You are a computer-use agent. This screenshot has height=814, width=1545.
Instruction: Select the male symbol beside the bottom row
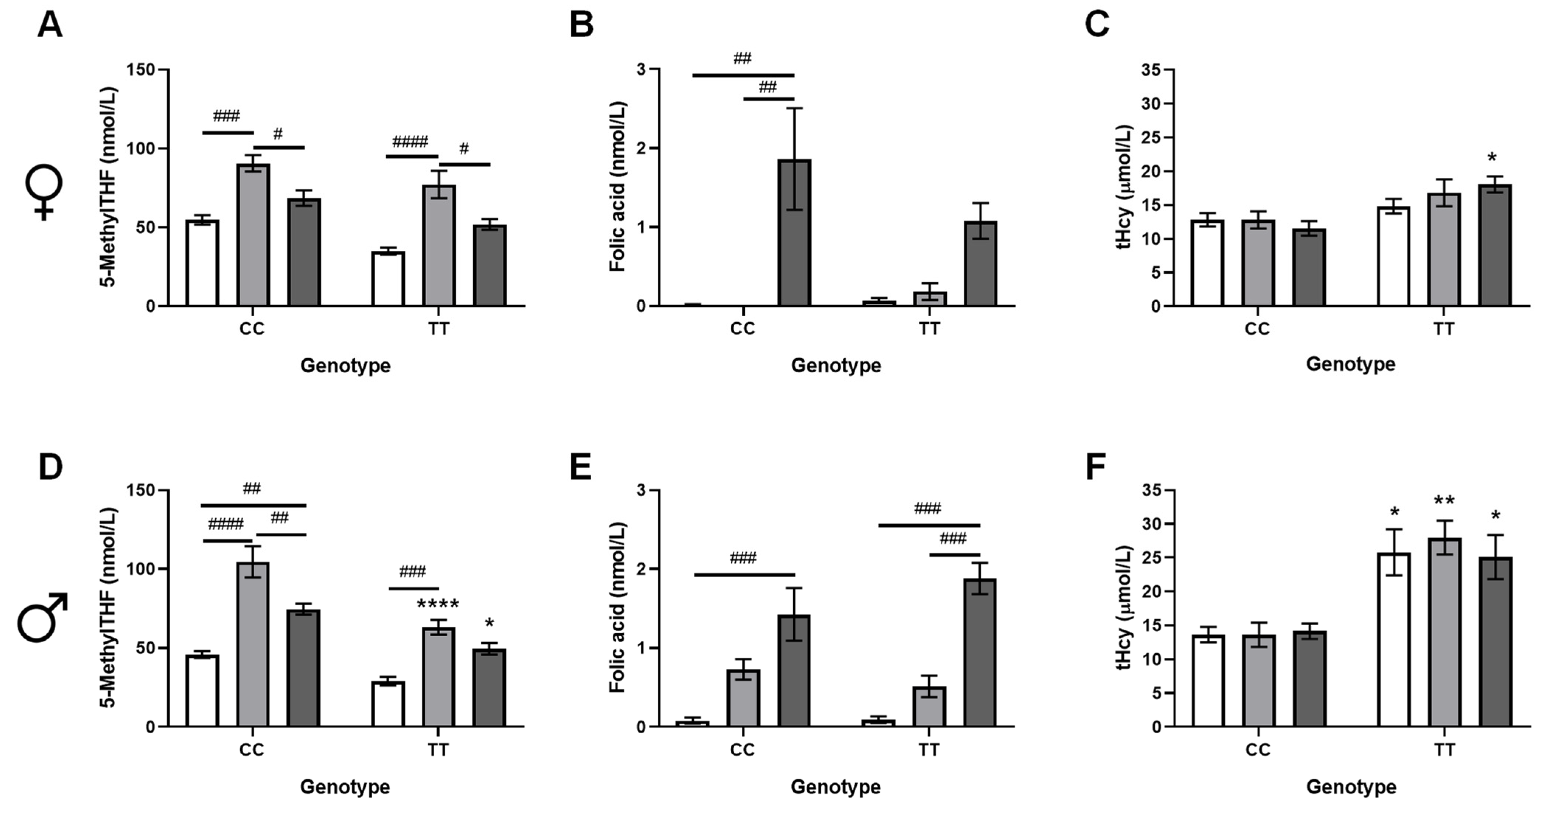[x=42, y=618]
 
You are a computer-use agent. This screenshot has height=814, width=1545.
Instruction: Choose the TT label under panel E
[x=929, y=749]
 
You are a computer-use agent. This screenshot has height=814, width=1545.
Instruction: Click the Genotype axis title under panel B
[x=836, y=365]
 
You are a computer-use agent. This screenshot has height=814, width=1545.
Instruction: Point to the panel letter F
[x=1096, y=467]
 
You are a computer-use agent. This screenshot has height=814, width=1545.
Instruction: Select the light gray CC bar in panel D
[x=253, y=645]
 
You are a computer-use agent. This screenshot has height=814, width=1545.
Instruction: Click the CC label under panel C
[x=1257, y=329]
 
